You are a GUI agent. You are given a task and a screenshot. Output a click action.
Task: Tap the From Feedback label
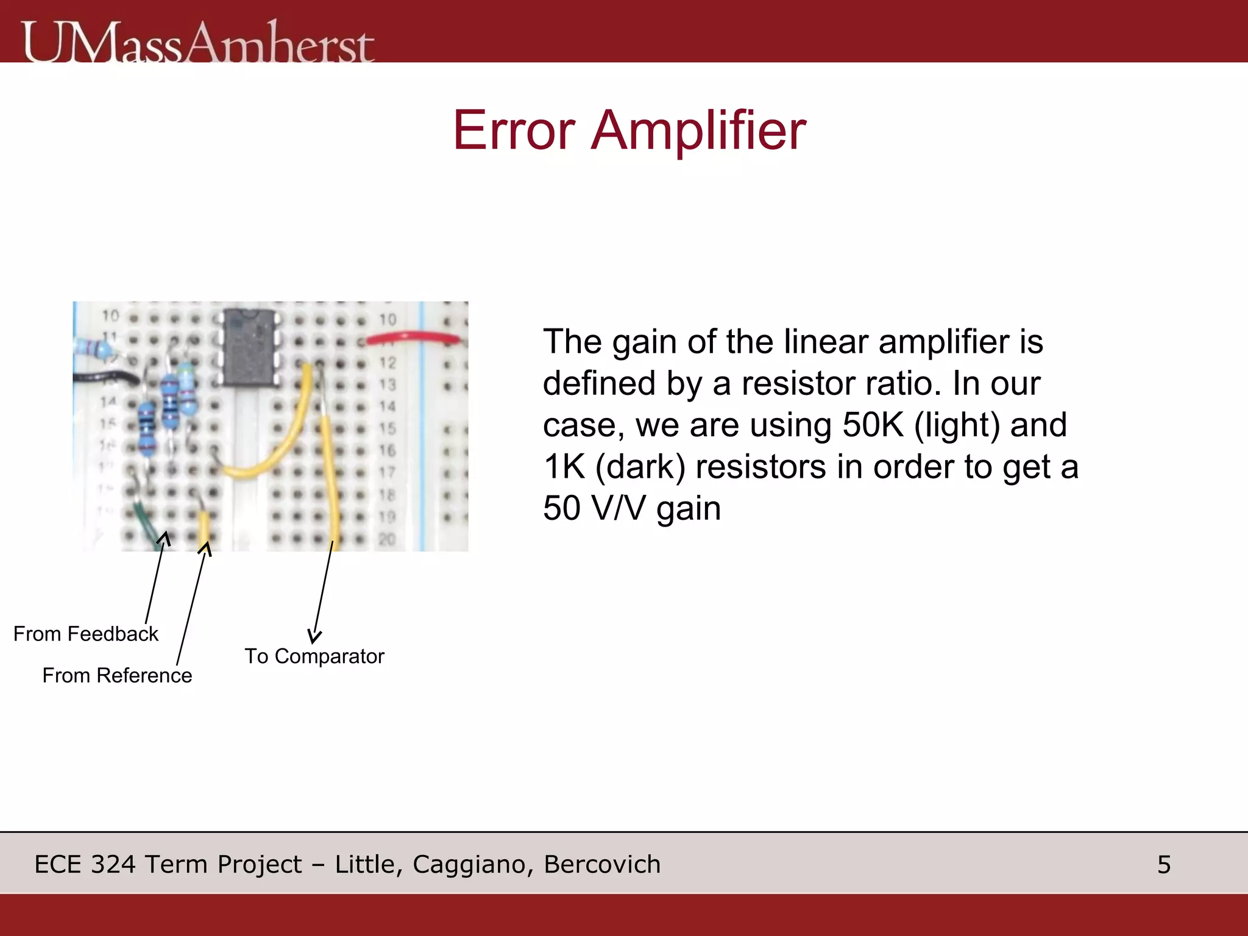(x=86, y=634)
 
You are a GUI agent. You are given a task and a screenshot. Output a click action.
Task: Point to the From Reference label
(x=117, y=675)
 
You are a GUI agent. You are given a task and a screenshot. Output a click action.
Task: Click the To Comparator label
(x=314, y=656)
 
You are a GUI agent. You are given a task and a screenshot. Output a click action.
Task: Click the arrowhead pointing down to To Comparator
(x=314, y=636)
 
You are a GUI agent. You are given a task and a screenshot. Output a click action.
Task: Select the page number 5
(x=1164, y=865)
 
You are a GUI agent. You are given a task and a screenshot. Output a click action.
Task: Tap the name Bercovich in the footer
(x=602, y=865)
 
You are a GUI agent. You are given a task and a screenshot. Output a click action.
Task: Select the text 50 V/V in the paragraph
(x=594, y=508)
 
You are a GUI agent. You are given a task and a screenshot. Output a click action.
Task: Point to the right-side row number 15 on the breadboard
(x=388, y=428)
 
